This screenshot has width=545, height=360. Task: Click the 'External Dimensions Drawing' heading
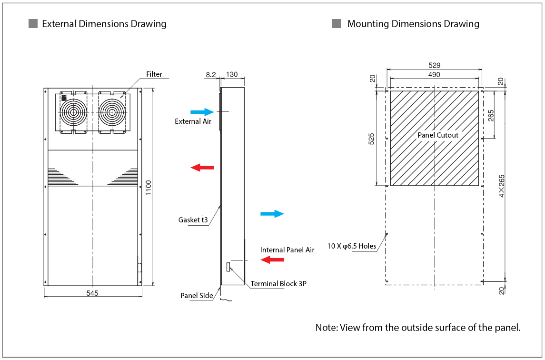point(104,24)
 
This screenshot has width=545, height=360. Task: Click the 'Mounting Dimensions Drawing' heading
point(413,24)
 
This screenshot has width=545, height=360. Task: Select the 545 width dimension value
point(92,293)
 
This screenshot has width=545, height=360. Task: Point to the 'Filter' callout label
point(154,74)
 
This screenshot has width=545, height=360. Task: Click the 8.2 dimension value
point(211,75)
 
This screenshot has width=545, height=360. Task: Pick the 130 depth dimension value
point(232,75)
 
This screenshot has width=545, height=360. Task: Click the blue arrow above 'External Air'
point(202,112)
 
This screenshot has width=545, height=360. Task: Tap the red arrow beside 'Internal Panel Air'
point(273,260)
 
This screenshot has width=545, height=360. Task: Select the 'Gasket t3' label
point(193,220)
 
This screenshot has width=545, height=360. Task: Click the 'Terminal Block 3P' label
point(278,284)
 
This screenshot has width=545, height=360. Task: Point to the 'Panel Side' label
point(197,296)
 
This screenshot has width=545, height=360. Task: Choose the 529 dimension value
point(434,65)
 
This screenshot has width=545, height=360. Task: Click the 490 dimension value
point(434,75)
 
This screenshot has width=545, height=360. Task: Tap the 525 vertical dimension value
point(372,138)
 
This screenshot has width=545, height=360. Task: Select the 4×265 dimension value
point(501,186)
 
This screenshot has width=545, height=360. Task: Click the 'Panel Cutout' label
point(438,135)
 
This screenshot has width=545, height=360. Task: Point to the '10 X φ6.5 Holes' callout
point(352,246)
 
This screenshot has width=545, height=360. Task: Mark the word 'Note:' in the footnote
point(326,328)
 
